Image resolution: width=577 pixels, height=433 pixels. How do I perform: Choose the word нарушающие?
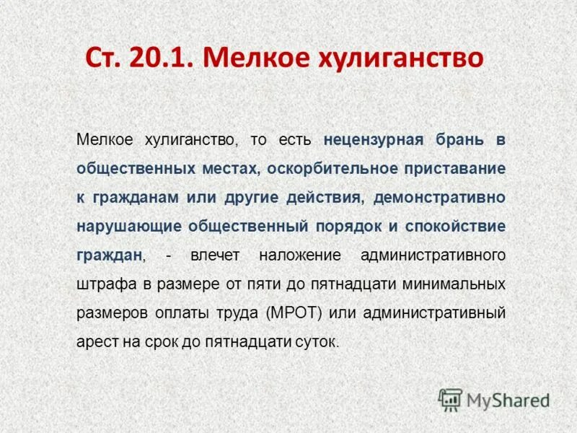tap(128, 225)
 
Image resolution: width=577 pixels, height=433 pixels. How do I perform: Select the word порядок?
tap(348, 225)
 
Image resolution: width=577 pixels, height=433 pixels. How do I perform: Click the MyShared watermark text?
tap(508, 400)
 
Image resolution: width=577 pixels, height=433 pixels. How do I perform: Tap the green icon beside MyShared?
tap(450, 400)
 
